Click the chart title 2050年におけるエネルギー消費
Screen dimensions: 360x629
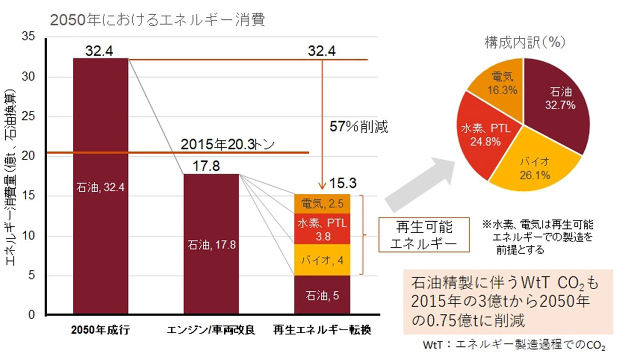(x=157, y=19)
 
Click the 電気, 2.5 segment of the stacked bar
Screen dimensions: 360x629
(x=322, y=203)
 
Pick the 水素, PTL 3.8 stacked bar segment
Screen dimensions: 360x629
(x=322, y=228)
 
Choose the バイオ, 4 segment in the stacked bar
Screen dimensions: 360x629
(x=322, y=259)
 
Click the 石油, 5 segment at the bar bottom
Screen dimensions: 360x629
(x=322, y=294)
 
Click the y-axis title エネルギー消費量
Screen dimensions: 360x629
(x=11, y=178)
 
